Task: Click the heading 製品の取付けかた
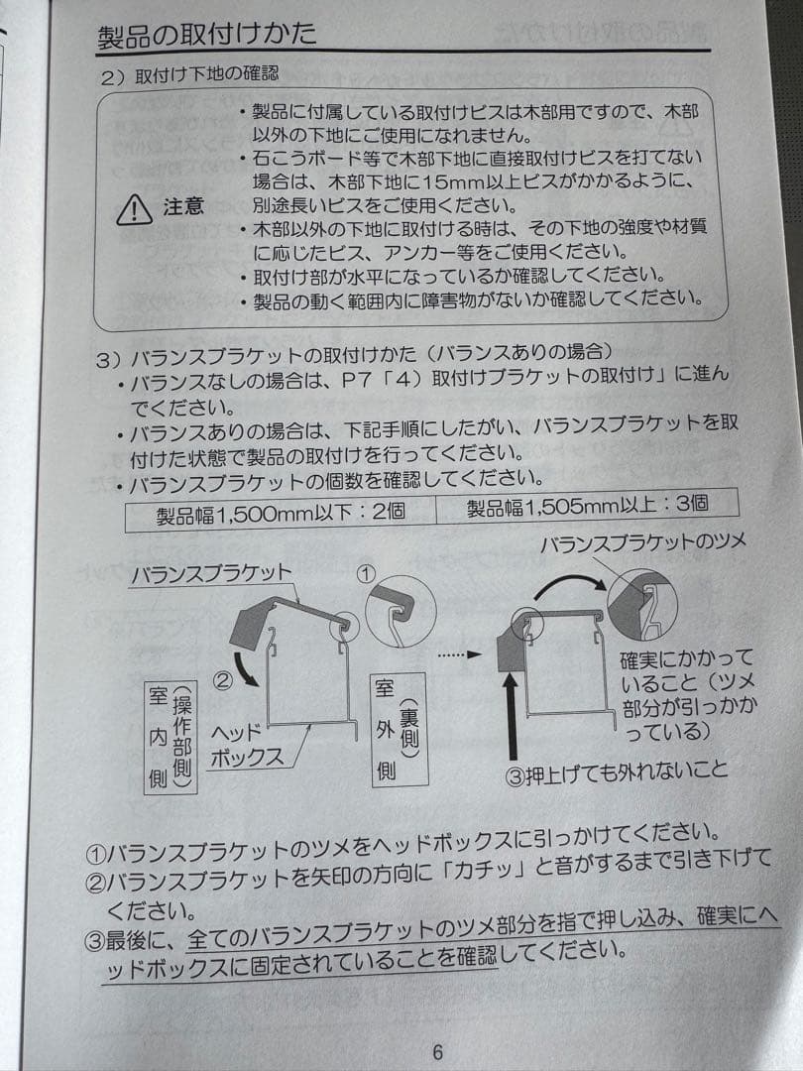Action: [208, 35]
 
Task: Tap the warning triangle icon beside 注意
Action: [132, 208]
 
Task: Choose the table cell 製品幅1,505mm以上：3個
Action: [587, 505]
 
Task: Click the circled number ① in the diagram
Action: [367, 572]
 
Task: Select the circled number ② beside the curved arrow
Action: [223, 680]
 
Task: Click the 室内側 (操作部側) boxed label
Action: [169, 737]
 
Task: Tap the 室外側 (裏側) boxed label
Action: [398, 729]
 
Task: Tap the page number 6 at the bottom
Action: [438, 1053]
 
